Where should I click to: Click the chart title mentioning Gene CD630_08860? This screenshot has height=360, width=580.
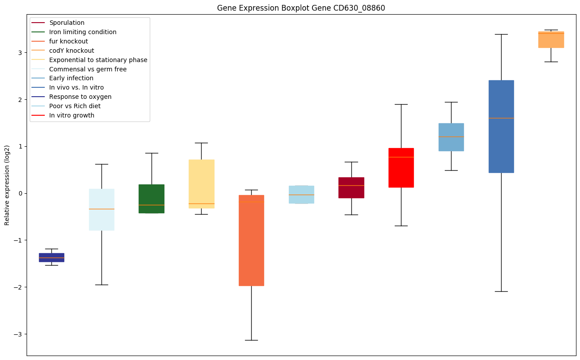click(298, 8)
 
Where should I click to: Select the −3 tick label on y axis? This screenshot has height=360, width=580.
click(19, 334)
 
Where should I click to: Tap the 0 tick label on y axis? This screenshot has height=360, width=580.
click(20, 193)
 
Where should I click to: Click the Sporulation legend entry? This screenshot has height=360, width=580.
click(67, 23)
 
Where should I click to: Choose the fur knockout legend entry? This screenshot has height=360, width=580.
click(69, 41)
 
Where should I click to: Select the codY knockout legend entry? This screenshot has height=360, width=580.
click(72, 51)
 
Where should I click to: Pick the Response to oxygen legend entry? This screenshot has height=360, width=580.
click(80, 97)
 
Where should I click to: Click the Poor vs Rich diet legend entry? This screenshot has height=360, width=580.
click(75, 106)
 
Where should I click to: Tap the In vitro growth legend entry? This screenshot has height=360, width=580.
click(72, 115)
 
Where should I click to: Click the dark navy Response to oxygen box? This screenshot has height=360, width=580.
click(51, 258)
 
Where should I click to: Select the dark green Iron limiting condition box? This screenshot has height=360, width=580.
click(152, 199)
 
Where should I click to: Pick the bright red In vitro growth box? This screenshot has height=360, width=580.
click(401, 168)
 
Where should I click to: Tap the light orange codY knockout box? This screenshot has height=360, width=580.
click(551, 39)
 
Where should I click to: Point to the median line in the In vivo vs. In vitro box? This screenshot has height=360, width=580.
click(501, 118)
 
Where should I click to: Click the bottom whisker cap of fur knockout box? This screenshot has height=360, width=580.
click(251, 340)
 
